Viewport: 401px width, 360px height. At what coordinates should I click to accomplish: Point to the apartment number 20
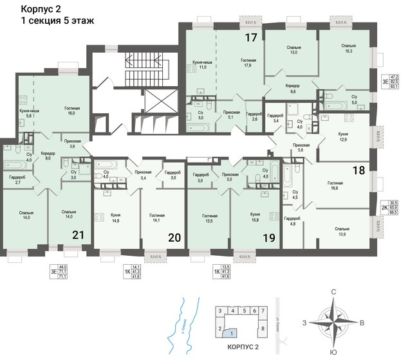pos(174,237)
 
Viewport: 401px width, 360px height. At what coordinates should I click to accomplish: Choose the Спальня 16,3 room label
pos(349,50)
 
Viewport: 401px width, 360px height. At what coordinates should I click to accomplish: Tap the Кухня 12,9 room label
pos(343,136)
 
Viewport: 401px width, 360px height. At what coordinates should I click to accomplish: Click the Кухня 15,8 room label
pos(254,217)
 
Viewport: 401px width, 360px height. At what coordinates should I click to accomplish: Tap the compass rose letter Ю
pos(333,353)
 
